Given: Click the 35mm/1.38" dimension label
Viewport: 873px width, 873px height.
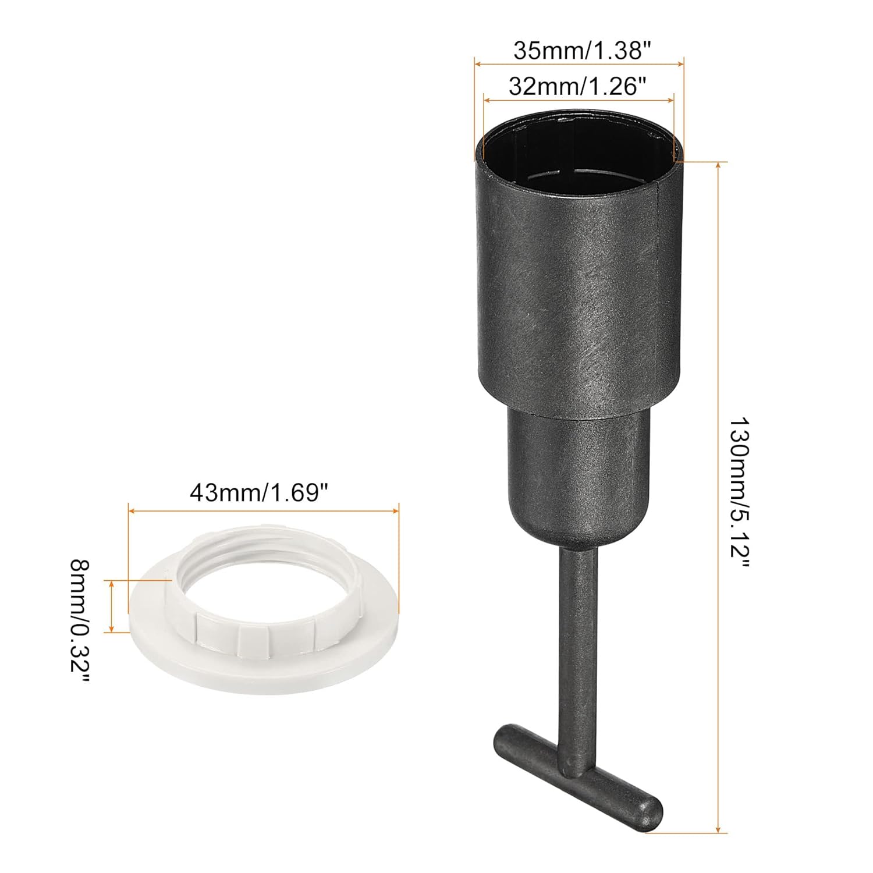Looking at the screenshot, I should [580, 51].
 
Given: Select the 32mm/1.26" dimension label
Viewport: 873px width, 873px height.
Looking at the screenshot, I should [578, 87].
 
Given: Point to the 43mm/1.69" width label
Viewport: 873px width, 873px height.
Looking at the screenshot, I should [263, 493].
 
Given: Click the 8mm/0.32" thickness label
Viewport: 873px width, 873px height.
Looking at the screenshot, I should [79, 623].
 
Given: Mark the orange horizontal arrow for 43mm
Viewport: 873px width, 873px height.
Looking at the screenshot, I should [263, 511].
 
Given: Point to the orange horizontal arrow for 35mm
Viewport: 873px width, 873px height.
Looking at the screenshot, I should [579, 64].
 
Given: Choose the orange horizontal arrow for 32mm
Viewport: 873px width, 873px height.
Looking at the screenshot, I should [579, 101].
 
